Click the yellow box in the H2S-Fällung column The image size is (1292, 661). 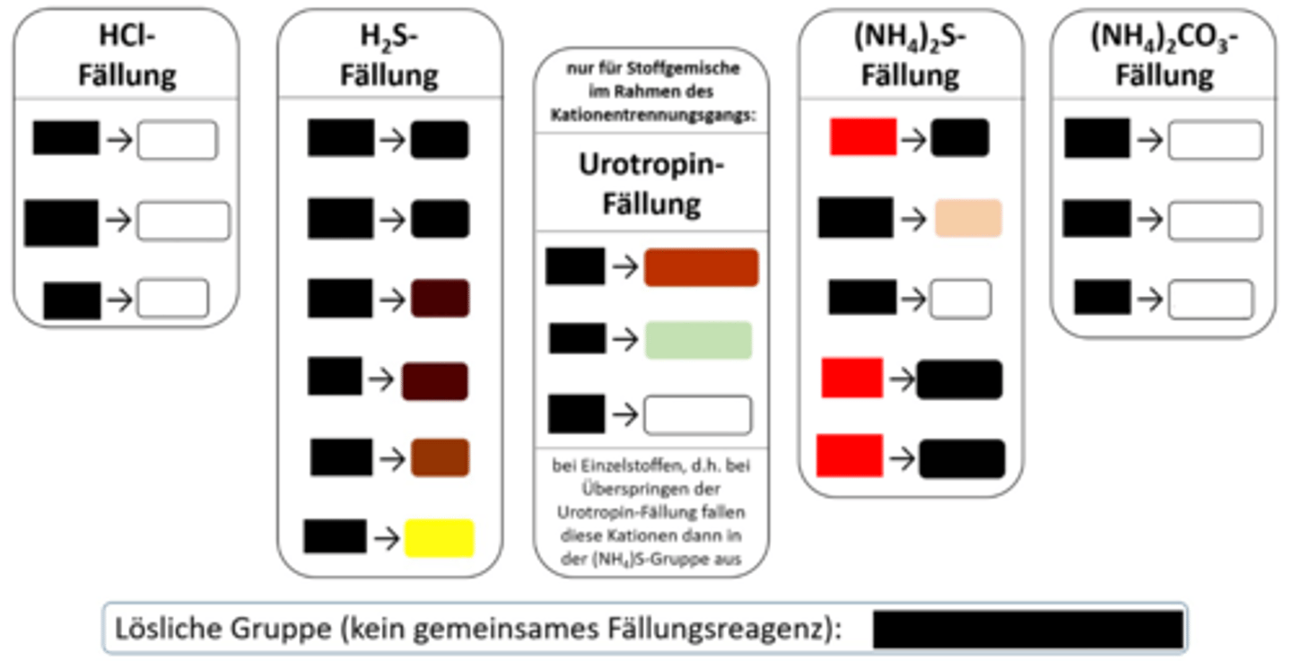tap(439, 537)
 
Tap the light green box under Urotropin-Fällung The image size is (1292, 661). tap(698, 340)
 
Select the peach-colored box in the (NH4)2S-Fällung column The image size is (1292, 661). tap(967, 219)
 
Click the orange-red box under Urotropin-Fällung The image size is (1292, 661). tap(701, 267)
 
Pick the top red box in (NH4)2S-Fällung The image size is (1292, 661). tap(863, 137)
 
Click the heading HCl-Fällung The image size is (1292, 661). tap(126, 56)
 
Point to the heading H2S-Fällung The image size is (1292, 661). tap(388, 56)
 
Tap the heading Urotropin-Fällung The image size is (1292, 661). tap(651, 184)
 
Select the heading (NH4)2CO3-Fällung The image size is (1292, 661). tap(1164, 56)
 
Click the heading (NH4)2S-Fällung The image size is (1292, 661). tap(910, 56)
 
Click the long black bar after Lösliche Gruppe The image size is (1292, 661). tap(1028, 630)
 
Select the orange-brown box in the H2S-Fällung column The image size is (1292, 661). tap(440, 457)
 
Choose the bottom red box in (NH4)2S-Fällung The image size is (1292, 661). tap(849, 455)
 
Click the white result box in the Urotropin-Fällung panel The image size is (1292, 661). tap(697, 414)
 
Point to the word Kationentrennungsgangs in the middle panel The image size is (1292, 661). tap(651, 117)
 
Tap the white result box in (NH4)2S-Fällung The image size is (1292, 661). tap(960, 299)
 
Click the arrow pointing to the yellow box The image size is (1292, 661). tap(386, 537)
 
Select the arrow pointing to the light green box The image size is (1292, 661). tap(624, 340)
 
